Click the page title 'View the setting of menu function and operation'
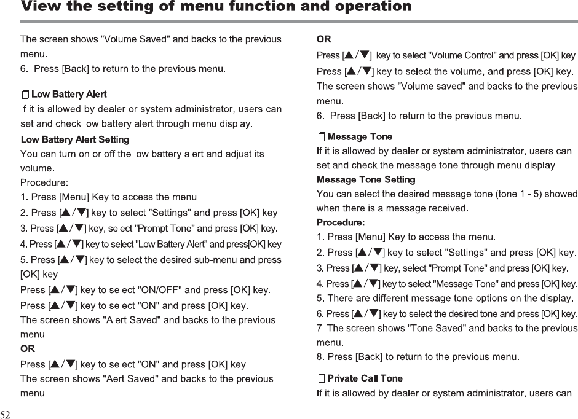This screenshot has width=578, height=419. click(x=216, y=7)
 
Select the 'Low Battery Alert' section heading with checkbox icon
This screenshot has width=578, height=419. click(x=64, y=95)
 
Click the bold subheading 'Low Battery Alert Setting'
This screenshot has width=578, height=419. click(x=75, y=139)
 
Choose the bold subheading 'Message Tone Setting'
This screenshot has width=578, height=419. click(x=366, y=179)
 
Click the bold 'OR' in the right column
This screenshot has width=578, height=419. click(x=323, y=40)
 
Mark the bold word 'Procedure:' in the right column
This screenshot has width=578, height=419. click(x=341, y=221)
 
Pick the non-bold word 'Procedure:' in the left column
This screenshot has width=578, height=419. click(x=44, y=182)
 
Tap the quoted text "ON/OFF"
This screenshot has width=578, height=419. click(x=161, y=290)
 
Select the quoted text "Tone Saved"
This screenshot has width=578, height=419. click(x=433, y=328)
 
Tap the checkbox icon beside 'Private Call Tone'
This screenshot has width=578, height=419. click(x=322, y=378)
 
